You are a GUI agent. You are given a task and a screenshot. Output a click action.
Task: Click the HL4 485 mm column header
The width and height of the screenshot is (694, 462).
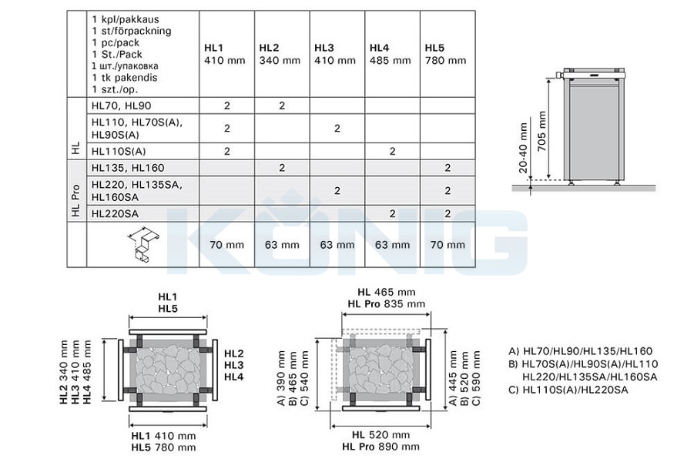pyautogui.click(x=390, y=54)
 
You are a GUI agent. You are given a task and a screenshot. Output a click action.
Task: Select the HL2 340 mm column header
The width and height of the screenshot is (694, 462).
pyautogui.click(x=280, y=54)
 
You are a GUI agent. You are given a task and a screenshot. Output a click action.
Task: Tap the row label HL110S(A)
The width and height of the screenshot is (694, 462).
pyautogui.click(x=119, y=152)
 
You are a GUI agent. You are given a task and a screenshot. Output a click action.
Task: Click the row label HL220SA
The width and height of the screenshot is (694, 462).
pyautogui.click(x=115, y=214)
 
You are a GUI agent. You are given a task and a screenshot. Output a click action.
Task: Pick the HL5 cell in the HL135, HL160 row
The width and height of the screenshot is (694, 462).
pyautogui.click(x=448, y=168)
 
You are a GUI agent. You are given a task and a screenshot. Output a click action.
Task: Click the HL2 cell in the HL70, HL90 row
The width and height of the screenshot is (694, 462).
pyautogui.click(x=282, y=105)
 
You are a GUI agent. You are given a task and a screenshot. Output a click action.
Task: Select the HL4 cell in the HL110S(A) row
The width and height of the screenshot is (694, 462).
pyautogui.click(x=392, y=152)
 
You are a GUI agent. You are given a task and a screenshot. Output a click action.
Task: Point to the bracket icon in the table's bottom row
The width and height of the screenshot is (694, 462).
pyautogui.click(x=144, y=245)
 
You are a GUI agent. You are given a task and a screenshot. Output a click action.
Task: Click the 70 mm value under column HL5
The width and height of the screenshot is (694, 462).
pyautogui.click(x=448, y=245)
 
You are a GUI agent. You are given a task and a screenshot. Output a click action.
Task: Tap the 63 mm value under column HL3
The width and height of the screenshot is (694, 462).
pyautogui.click(x=337, y=245)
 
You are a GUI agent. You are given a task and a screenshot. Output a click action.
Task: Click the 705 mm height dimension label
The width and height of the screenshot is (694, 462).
pyautogui.click(x=541, y=131)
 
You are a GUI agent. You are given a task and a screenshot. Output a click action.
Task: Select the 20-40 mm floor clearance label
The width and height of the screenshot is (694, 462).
pyautogui.click(x=523, y=148)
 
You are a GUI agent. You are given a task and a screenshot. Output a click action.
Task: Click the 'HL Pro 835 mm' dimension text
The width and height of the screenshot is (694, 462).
pyautogui.click(x=387, y=304)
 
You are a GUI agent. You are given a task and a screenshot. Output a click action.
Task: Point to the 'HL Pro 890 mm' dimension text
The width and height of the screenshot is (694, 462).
pyautogui.click(x=381, y=447)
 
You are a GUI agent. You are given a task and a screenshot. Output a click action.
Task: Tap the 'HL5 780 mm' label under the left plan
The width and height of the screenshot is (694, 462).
pyautogui.click(x=163, y=447)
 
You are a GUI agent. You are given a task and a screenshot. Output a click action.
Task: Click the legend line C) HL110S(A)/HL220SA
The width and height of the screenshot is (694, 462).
pyautogui.click(x=568, y=390)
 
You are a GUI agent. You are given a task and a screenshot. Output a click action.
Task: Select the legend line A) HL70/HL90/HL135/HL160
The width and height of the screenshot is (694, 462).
pyautogui.click(x=581, y=351)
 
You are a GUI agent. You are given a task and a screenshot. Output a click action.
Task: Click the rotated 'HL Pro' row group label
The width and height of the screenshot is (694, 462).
pyautogui.click(x=75, y=200)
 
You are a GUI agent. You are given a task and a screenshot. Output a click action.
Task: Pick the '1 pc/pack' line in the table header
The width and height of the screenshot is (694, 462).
pyautogui.click(x=116, y=43)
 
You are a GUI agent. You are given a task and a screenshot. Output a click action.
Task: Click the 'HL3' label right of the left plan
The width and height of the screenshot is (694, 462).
pyautogui.click(x=233, y=365)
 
